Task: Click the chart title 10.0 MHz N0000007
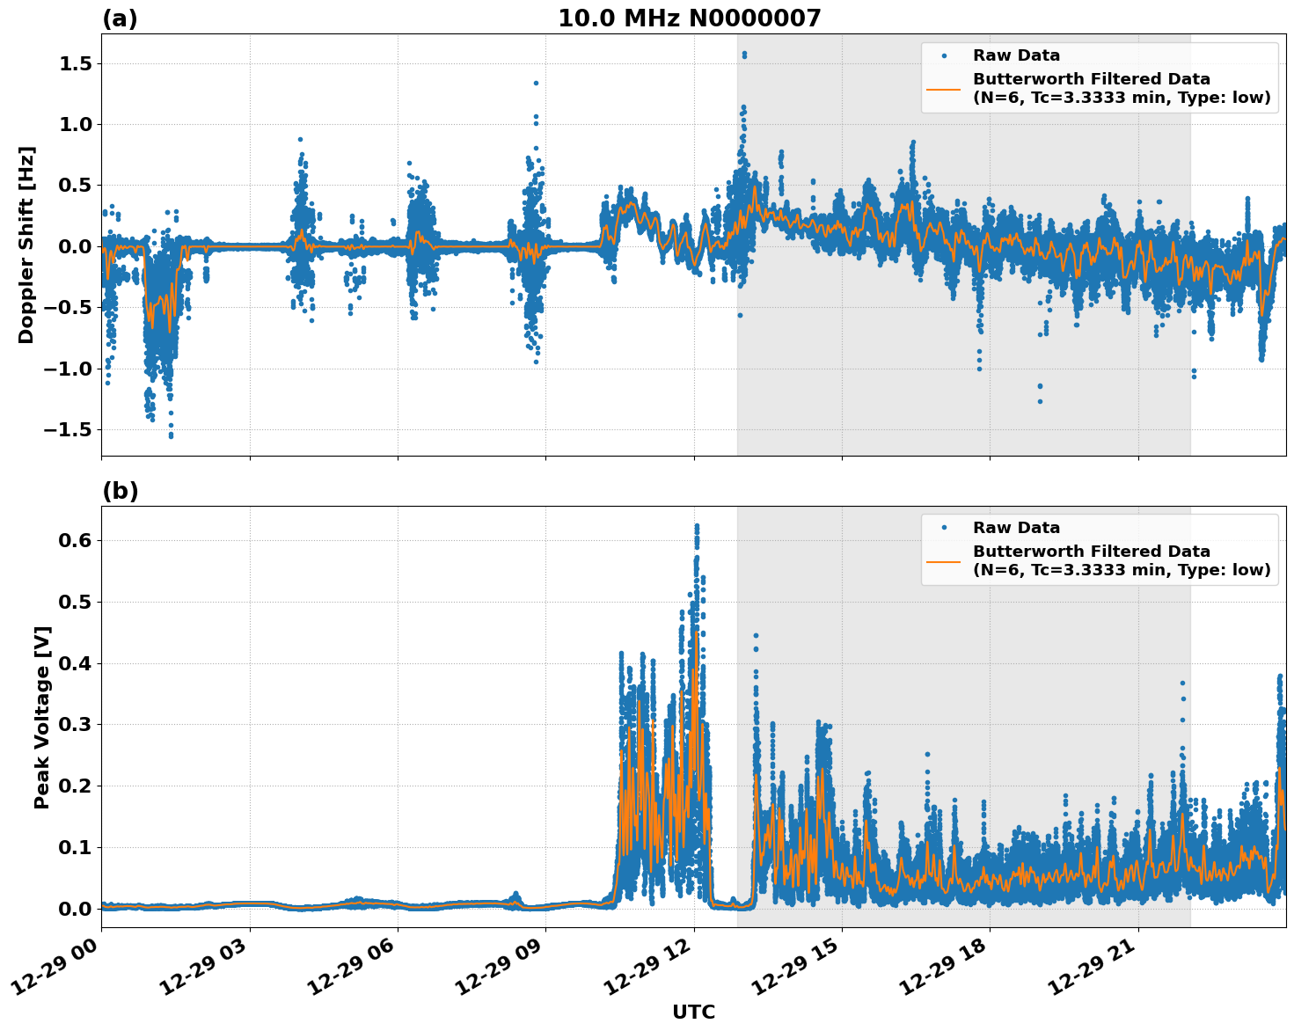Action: coord(689,18)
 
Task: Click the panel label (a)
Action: coord(120,18)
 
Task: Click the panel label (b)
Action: coord(120,491)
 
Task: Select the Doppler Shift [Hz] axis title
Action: coord(26,245)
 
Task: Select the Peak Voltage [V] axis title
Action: coord(42,717)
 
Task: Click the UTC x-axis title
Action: coord(693,1012)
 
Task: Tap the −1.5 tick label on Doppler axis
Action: coord(66,429)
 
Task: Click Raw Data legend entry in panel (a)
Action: coord(1016,55)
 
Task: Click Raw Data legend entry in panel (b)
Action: coord(1016,528)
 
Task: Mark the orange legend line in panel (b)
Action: coord(944,560)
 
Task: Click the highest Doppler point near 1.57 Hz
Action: coord(744,55)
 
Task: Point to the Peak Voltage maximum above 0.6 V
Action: coord(697,526)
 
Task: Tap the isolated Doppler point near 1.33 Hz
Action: coord(536,84)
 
